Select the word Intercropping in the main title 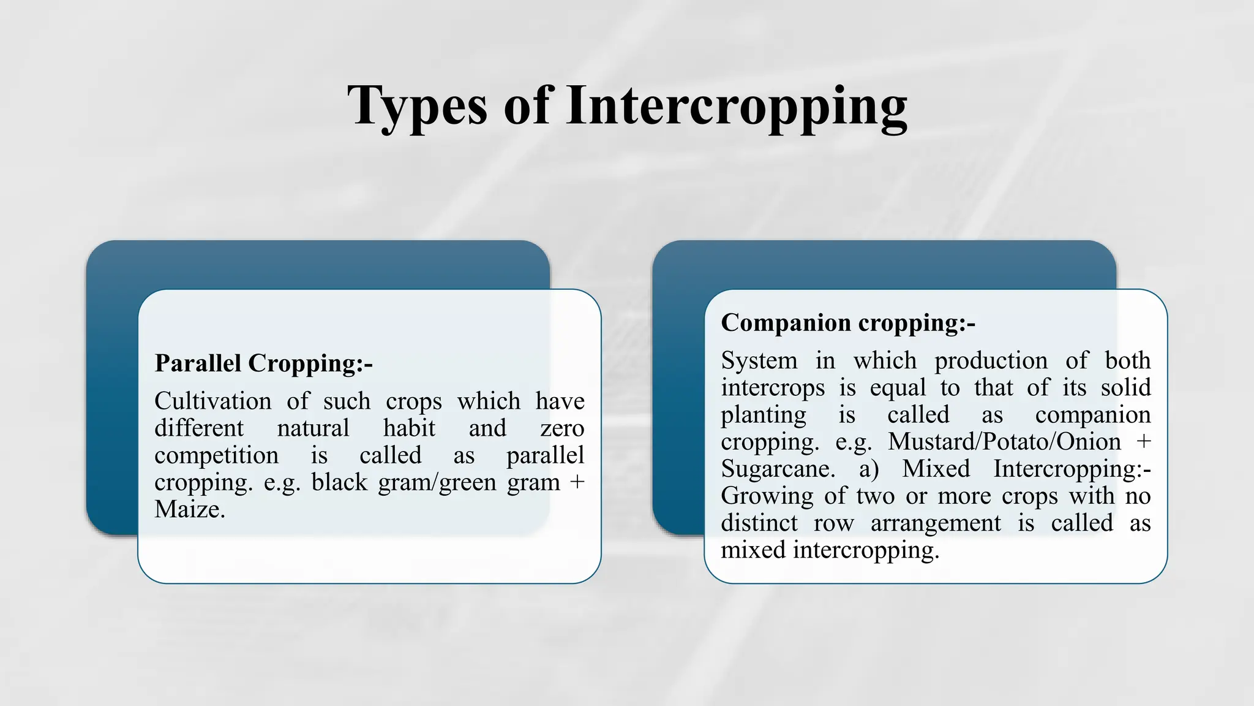(736, 106)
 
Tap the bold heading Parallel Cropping (263, 363)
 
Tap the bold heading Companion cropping (847, 323)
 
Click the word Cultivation (212, 401)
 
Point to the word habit (409, 428)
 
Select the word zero (562, 428)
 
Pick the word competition (216, 455)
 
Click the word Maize (189, 509)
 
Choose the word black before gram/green (339, 482)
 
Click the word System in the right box (759, 360)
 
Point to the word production (991, 360)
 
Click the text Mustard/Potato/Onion (1004, 442)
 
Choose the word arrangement (936, 523)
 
